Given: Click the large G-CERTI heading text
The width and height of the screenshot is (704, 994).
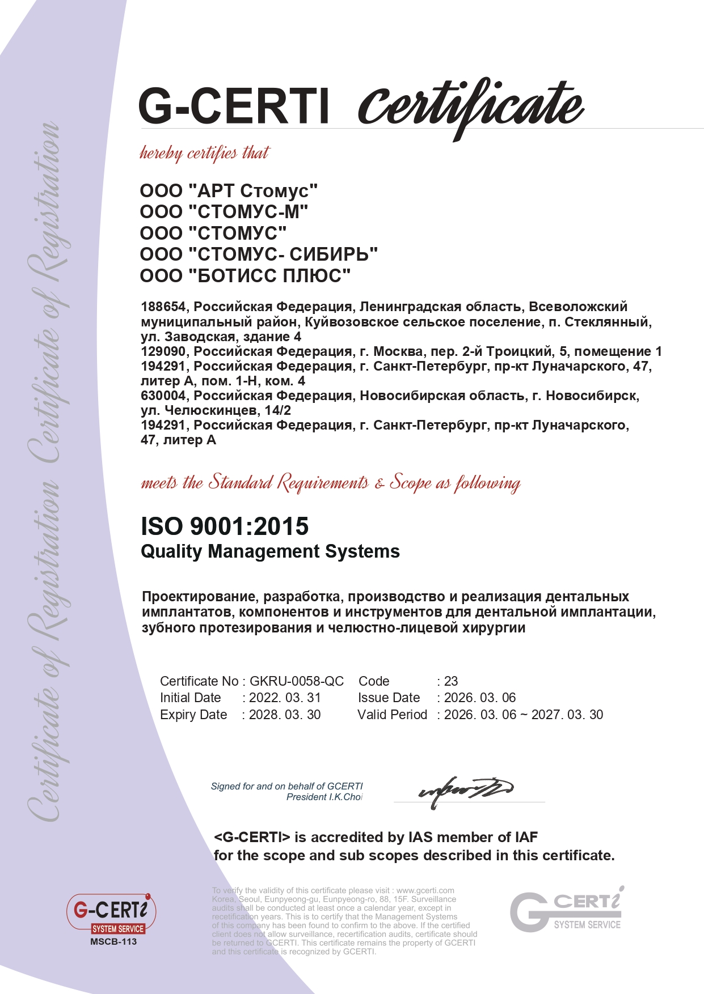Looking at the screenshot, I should (x=234, y=106).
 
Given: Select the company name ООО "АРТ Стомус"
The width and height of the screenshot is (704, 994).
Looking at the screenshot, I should (x=229, y=191).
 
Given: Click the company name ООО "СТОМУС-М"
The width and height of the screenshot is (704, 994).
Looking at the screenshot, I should (x=224, y=212).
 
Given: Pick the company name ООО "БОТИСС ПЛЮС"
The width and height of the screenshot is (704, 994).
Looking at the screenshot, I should (x=245, y=276).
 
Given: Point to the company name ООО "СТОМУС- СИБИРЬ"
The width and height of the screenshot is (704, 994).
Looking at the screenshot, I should (x=259, y=254).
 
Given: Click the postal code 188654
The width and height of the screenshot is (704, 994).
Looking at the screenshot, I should (x=163, y=307).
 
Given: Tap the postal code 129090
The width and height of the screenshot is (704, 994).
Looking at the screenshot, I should (x=163, y=351).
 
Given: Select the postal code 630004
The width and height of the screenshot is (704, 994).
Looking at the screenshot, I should (x=163, y=396).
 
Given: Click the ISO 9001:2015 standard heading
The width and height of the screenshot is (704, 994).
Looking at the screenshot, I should (x=225, y=526).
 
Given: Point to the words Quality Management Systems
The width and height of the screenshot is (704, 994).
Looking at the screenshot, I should (x=270, y=551).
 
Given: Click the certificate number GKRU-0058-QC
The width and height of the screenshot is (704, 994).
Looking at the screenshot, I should (x=297, y=681).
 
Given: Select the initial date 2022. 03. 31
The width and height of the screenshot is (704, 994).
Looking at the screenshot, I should (x=285, y=698).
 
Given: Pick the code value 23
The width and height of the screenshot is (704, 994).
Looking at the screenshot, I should (x=451, y=681).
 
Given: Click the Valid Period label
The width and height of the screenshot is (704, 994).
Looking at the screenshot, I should (x=392, y=715).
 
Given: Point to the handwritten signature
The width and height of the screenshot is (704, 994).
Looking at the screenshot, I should (x=465, y=789).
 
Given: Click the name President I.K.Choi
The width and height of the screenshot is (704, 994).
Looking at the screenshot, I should (x=324, y=797).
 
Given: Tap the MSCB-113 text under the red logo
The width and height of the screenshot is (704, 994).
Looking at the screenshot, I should (x=113, y=942).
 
